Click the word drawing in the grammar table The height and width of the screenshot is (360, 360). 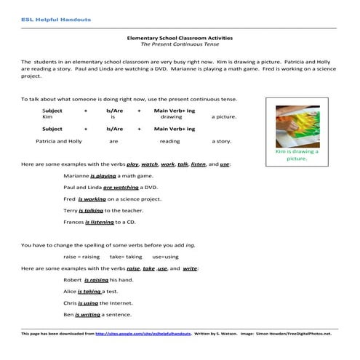tap(171, 116)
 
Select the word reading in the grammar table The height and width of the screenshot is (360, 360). tap(169, 142)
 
